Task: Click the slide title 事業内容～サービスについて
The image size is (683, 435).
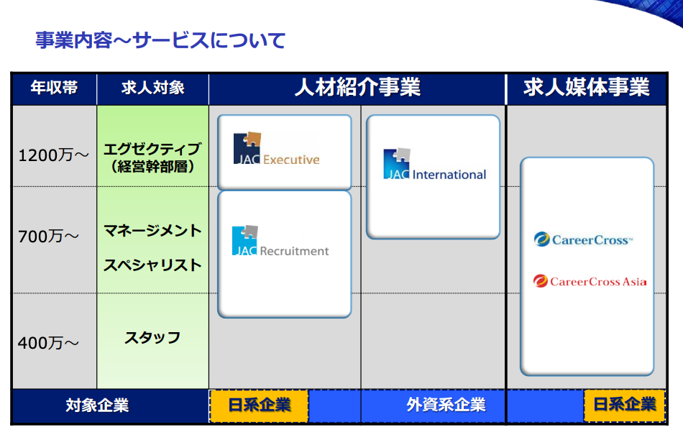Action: [160, 40]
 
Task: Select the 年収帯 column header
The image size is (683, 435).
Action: [53, 88]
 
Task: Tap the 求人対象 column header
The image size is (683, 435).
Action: [152, 88]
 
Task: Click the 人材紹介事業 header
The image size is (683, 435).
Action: [357, 88]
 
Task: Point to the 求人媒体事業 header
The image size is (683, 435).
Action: [586, 88]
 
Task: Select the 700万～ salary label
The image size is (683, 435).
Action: [48, 235]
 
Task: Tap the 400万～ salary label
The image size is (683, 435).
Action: [48, 343]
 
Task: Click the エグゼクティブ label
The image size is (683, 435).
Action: [152, 150]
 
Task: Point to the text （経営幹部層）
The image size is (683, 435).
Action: [152, 168]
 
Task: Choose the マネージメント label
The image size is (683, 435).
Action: [152, 231]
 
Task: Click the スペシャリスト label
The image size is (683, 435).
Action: [152, 265]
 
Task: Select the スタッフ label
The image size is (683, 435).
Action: [152, 337]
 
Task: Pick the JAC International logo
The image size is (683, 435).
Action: [434, 165]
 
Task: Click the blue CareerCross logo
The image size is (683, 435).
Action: [583, 239]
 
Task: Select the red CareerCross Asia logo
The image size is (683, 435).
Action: [590, 281]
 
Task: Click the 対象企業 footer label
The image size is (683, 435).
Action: [97, 405]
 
